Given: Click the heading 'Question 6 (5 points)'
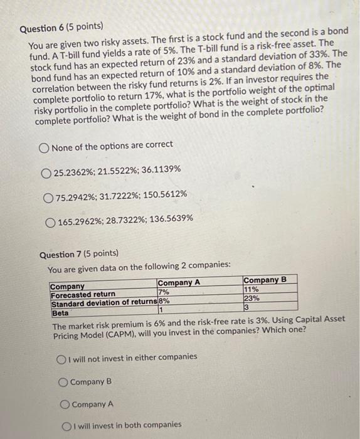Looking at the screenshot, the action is pyautogui.click(x=61, y=29).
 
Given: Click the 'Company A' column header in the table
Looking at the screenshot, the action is pyautogui.click(x=179, y=283).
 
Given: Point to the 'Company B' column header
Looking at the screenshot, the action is pyautogui.click(x=265, y=280).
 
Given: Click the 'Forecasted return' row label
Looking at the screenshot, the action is pyautogui.click(x=83, y=295).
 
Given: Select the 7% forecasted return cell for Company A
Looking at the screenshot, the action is pyautogui.click(x=164, y=292).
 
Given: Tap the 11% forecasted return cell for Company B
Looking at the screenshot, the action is pyautogui.click(x=251, y=290).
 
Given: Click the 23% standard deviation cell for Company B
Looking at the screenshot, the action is pyautogui.click(x=251, y=299).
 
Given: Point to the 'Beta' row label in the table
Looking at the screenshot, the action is pyautogui.click(x=60, y=312).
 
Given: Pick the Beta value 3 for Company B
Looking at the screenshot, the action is pyautogui.click(x=246, y=307).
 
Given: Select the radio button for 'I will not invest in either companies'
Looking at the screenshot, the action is pyautogui.click(x=62, y=357).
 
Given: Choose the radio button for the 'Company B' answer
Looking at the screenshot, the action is pyautogui.click(x=63, y=381).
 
